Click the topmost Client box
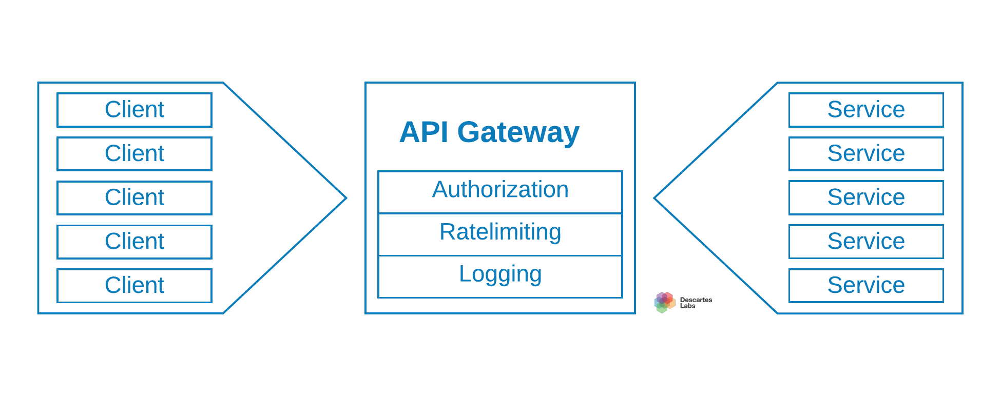(134, 110)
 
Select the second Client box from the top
(134, 154)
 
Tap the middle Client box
(134, 197)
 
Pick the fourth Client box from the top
(134, 242)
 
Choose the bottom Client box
(134, 286)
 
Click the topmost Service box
(866, 110)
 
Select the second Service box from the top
(866, 154)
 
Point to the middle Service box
(866, 197)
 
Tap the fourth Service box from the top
(866, 242)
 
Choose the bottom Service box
(866, 286)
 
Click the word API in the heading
(424, 132)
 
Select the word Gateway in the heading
(518, 132)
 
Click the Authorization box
(500, 192)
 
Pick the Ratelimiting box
(500, 234)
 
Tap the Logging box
(500, 276)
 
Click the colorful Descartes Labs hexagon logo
(664, 302)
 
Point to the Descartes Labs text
(696, 303)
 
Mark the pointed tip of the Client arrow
(345, 197)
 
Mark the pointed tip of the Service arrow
(656, 198)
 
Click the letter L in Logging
(465, 274)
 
